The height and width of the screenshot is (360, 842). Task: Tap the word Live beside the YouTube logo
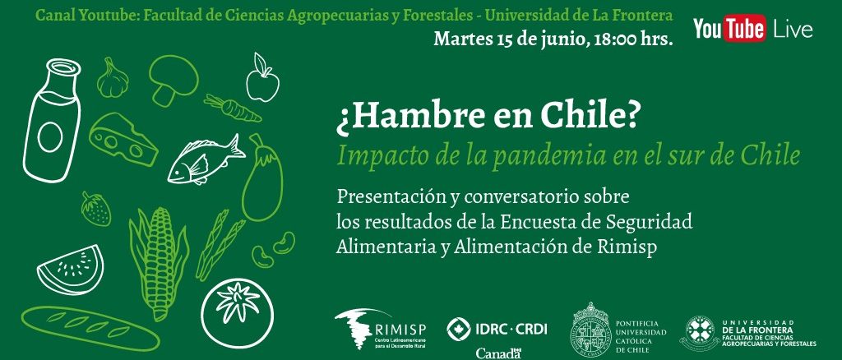pyautogui.click(x=793, y=30)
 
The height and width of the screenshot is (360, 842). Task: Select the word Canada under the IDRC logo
pyautogui.click(x=497, y=353)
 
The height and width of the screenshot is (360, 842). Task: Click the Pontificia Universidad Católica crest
pyautogui.click(x=590, y=327)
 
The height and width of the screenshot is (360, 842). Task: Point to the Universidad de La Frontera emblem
pyautogui.click(x=701, y=333)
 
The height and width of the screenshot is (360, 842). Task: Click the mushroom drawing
pyautogui.click(x=173, y=81)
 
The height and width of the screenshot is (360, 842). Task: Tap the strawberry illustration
pyautogui.click(x=95, y=209)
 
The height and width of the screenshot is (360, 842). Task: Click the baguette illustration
pyautogui.click(x=90, y=327)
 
